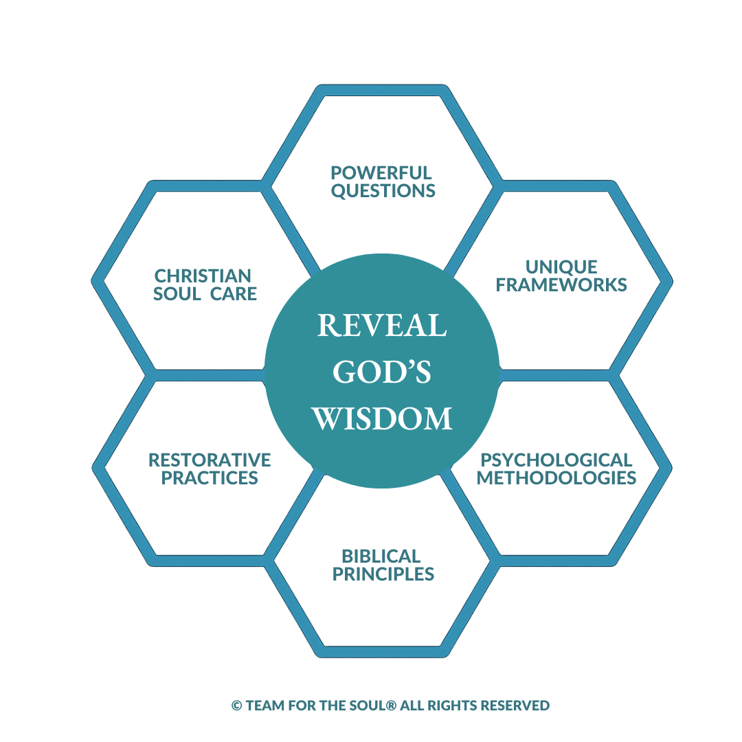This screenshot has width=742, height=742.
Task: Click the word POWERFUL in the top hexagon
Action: pyautogui.click(x=381, y=172)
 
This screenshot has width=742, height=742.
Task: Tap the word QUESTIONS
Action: pyautogui.click(x=383, y=191)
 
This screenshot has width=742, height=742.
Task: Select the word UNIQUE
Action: pyautogui.click(x=561, y=267)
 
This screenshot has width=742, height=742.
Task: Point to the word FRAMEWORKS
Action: pyautogui.click(x=561, y=285)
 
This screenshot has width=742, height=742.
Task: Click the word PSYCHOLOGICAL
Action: pyautogui.click(x=556, y=460)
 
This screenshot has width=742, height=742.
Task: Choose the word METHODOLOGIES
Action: pyautogui.click(x=556, y=477)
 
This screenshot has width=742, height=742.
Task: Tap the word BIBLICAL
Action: pyautogui.click(x=381, y=556)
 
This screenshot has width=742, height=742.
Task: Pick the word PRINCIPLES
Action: pyautogui.click(x=383, y=574)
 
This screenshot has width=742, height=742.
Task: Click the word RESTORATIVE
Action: pyautogui.click(x=210, y=460)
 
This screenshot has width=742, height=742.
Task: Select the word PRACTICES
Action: pyautogui.click(x=210, y=477)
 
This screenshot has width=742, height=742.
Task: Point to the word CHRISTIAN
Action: pyautogui.click(x=203, y=276)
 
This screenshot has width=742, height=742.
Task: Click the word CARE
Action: pyautogui.click(x=234, y=294)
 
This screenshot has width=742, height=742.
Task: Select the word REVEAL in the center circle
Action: pyautogui.click(x=381, y=326)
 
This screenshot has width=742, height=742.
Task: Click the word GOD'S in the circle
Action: pyautogui.click(x=381, y=372)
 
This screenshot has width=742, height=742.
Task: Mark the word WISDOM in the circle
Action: pyautogui.click(x=383, y=418)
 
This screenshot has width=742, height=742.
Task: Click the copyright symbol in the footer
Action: pyautogui.click(x=236, y=706)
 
